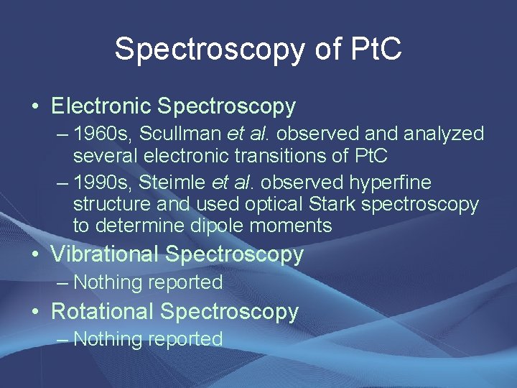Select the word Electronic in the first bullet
tap(101, 106)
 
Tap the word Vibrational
tap(105, 254)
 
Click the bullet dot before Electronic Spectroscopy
tap(35, 107)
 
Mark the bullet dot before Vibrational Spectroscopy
tap(35, 255)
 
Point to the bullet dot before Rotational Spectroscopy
tap(35, 313)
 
